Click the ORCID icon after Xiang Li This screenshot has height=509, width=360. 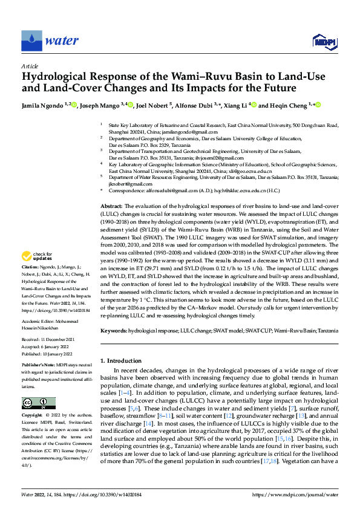click(254, 105)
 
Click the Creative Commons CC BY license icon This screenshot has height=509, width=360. click(39, 403)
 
